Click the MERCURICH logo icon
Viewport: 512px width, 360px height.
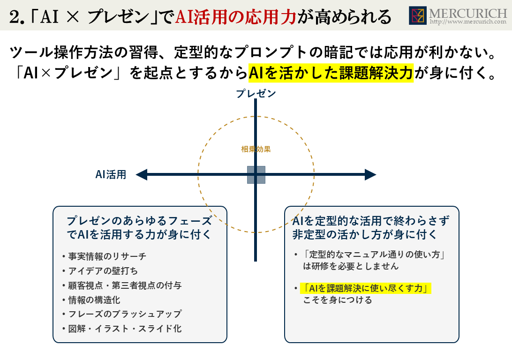coord(418,15)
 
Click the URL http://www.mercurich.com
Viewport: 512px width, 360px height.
coord(468,22)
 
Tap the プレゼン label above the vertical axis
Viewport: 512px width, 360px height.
coord(256,94)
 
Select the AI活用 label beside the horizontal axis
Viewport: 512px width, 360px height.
coord(111,175)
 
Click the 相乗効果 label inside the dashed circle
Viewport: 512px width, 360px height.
coord(256,149)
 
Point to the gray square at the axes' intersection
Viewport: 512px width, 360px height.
coord(256,175)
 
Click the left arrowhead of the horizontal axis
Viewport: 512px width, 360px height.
coord(142,175)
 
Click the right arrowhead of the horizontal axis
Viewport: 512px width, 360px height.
coord(370,175)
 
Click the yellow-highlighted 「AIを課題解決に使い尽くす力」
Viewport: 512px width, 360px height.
coord(365,288)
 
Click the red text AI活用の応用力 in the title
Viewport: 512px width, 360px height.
coord(236,17)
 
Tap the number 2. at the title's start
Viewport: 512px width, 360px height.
coord(17,17)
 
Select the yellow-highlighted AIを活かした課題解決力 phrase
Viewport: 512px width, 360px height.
coord(331,73)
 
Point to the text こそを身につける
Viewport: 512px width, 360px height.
coord(338,300)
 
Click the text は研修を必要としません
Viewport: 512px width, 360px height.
coord(351,266)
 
